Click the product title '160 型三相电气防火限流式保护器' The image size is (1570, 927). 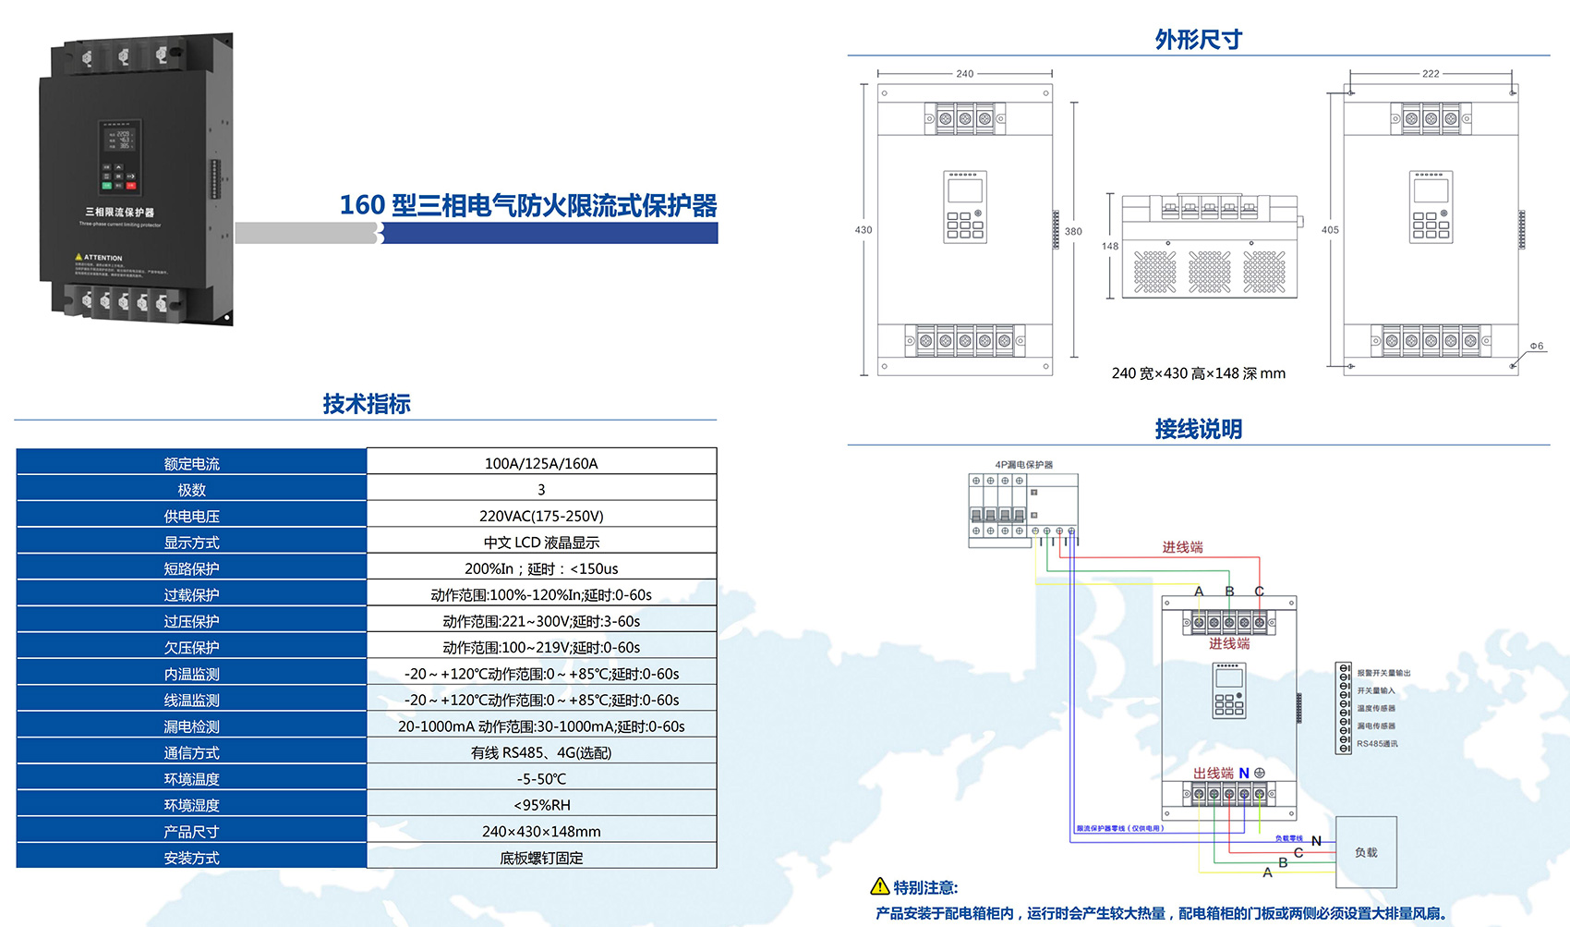pos(528,205)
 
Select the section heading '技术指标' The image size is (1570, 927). pos(367,404)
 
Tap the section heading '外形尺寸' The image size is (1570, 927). pos(1198,40)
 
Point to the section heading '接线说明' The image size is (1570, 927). pos(1198,429)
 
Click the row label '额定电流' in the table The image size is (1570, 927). pos(191,464)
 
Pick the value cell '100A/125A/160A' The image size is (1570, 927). pos(541,463)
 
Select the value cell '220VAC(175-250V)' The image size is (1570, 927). pos(541,516)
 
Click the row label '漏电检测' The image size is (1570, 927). pos(191,726)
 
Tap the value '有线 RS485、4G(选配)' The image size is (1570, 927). pos(541,752)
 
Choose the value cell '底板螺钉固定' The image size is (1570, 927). pos(541,858)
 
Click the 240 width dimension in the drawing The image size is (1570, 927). pos(964,74)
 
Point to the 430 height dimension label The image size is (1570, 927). pos(863,230)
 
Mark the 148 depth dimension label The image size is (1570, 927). pos(1109,247)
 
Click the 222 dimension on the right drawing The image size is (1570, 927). pos(1430,74)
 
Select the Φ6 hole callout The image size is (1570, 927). pos(1536,347)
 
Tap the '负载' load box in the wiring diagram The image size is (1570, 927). pos(1366,852)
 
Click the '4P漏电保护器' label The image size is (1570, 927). pos(1023,465)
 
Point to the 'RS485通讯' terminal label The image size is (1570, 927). pos(1377,744)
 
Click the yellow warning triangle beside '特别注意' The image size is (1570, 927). pos(880,886)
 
